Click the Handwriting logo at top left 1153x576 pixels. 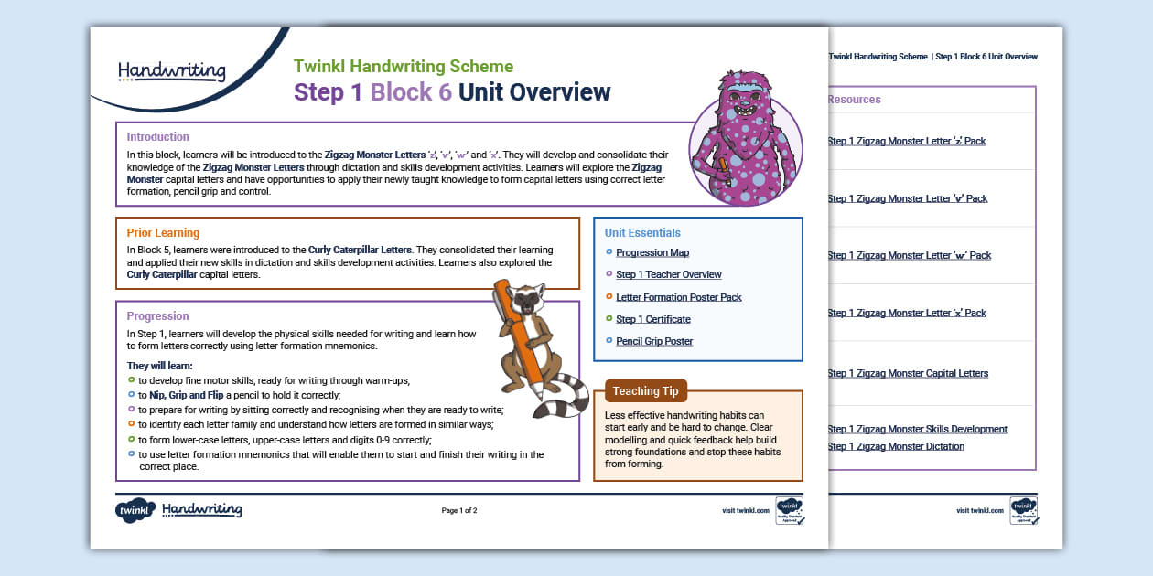click(x=171, y=70)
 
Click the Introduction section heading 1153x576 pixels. click(x=158, y=137)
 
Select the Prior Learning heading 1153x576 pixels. click(x=163, y=232)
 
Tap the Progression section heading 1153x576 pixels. click(x=158, y=316)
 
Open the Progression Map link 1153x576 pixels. click(x=652, y=253)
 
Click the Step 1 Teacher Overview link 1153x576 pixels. click(x=668, y=275)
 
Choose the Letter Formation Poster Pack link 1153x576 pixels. click(x=678, y=297)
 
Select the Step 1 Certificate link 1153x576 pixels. click(x=652, y=319)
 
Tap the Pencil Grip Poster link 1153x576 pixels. click(x=654, y=341)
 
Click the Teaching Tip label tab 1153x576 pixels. click(x=645, y=391)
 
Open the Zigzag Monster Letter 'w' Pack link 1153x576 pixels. click(x=909, y=256)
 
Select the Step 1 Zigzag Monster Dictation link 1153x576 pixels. click(x=895, y=447)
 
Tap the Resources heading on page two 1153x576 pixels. click(x=854, y=100)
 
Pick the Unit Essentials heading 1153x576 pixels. click(x=642, y=233)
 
